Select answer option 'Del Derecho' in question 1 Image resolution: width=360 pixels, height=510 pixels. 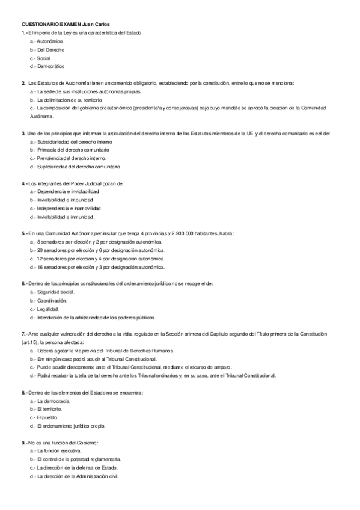(x=50, y=50)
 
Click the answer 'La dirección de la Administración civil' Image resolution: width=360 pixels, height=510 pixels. (x=78, y=476)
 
